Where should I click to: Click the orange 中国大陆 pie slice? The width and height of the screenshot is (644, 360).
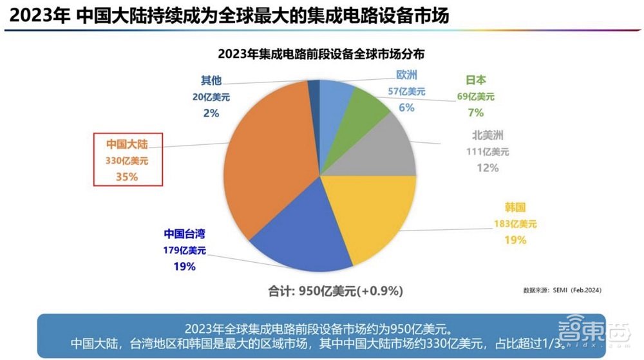point(270,155)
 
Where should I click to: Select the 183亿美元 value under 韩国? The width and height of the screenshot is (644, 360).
point(511,224)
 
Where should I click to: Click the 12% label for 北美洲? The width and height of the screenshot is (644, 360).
point(487,167)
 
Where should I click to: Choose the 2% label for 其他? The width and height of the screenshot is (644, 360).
point(211,113)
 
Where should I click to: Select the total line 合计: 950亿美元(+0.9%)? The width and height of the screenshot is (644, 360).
point(336,291)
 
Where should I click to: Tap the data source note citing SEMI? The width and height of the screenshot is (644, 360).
point(562,290)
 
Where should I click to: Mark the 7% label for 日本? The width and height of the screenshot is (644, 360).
point(476,113)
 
